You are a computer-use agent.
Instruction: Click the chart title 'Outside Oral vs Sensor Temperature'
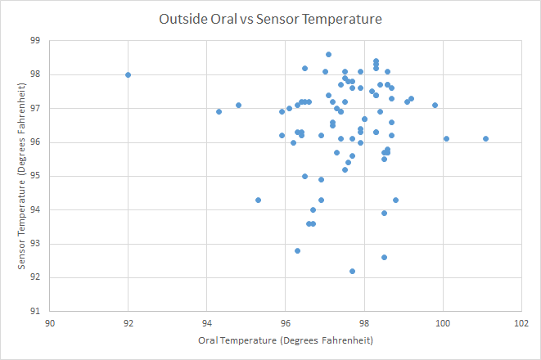270,17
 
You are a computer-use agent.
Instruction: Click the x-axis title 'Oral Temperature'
286,339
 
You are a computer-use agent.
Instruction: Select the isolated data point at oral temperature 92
128,74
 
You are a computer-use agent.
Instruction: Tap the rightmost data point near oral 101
486,139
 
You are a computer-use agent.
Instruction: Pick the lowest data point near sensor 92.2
352,271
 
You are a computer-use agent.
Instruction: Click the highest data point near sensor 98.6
328,55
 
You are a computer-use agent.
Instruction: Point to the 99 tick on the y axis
35,40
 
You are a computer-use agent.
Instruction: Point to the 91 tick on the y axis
35,311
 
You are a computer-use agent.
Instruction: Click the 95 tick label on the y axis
35,176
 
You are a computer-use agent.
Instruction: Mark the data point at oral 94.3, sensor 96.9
219,111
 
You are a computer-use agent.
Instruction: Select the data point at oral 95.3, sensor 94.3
258,200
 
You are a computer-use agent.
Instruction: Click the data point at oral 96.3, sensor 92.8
297,250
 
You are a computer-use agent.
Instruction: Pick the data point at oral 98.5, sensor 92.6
384,257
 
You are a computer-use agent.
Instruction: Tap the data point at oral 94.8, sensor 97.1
238,105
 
